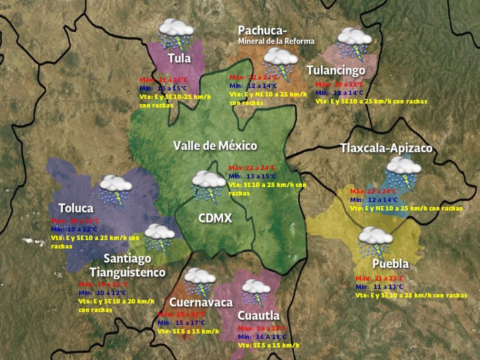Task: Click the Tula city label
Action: (179, 58)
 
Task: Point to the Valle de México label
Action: (215, 145)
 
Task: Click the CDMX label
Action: (215, 218)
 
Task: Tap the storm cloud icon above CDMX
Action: (208, 184)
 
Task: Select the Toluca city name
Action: (75, 207)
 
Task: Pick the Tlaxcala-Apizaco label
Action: (386, 148)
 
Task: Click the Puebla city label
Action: (390, 263)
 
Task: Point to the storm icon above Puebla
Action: (375, 241)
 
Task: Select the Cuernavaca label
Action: (200, 302)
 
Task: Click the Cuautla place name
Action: (258, 315)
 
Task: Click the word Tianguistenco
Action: (127, 272)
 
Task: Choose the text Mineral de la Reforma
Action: (276, 41)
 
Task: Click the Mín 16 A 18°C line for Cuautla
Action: (262, 336)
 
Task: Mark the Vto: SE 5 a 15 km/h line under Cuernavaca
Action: (188, 331)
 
